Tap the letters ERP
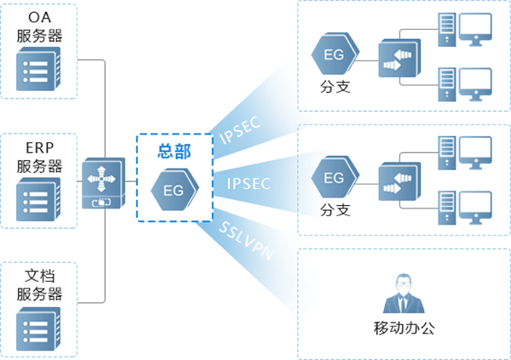click(39, 147)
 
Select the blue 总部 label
click(173, 152)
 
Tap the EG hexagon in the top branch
click(334, 55)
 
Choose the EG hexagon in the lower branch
click(334, 178)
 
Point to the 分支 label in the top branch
click(335, 88)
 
